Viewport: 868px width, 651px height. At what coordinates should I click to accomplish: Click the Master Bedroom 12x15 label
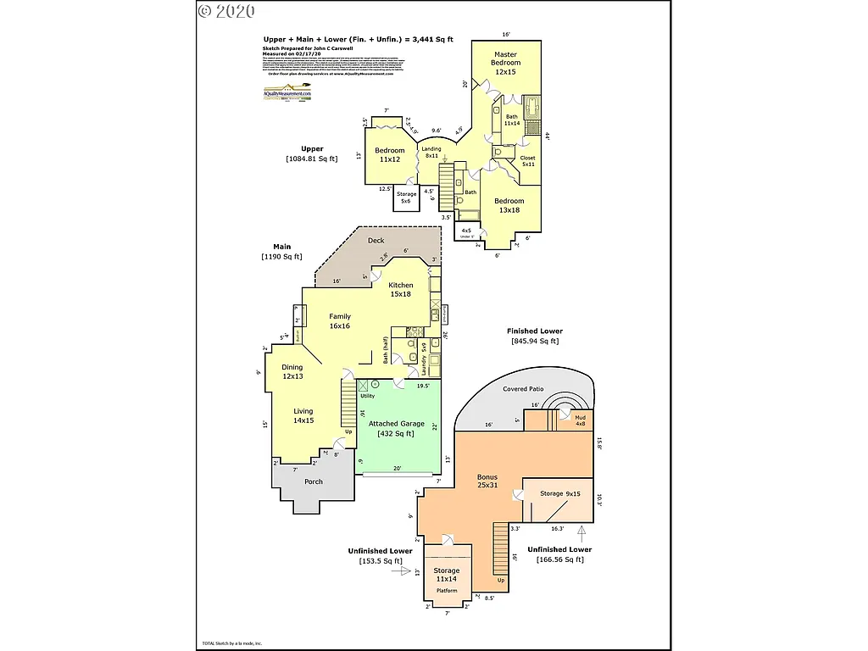coord(506,64)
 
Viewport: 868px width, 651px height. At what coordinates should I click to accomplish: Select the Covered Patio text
coord(523,389)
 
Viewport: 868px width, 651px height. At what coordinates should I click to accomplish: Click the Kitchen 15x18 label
coord(401,290)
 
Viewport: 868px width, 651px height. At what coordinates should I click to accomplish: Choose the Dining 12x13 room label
coord(292,371)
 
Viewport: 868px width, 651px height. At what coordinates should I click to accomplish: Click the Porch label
coord(314,482)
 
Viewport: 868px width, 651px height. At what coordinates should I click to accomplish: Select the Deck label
coord(376,241)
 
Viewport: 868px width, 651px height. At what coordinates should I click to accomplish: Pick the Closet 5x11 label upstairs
coord(527,161)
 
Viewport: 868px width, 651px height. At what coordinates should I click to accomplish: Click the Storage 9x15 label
coord(560,493)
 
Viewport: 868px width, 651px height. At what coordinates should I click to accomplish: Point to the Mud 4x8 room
coord(580,420)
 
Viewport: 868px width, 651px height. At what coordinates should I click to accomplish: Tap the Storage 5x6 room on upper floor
coord(407,198)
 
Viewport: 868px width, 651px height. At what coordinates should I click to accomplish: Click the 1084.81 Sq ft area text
coord(311,159)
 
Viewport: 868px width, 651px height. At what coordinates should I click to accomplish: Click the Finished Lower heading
coord(534,331)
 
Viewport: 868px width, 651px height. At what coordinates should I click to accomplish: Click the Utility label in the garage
coord(367,396)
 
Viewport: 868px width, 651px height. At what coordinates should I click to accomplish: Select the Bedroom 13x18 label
coord(509,205)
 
